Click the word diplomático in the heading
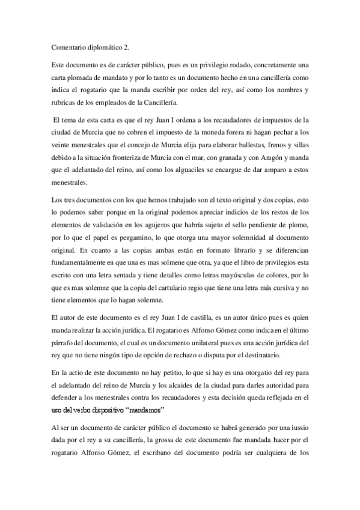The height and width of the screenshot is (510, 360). [104, 44]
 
